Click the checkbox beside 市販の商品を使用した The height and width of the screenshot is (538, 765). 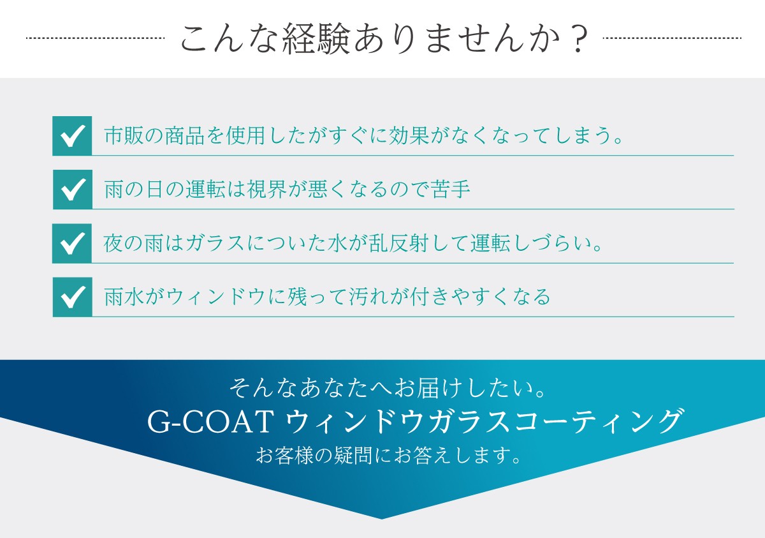(72, 136)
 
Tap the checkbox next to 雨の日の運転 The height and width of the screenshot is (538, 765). (73, 190)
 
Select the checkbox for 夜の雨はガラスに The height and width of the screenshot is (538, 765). (71, 243)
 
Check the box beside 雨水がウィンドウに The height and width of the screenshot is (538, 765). (73, 297)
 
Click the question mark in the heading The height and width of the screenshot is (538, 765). (578, 38)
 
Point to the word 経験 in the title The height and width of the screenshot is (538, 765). (317, 38)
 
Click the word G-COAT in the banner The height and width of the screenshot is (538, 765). (211, 422)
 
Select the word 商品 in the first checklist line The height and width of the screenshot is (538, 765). (185, 136)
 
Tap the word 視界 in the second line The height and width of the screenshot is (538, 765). (266, 189)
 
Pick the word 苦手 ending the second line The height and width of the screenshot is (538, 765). (451, 189)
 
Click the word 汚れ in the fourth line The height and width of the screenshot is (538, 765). (369, 297)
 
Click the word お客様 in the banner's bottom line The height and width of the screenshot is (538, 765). (285, 455)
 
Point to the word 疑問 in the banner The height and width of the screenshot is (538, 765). (353, 455)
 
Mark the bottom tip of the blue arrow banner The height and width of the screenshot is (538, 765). (382, 519)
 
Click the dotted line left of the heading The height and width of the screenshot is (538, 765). (95, 38)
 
